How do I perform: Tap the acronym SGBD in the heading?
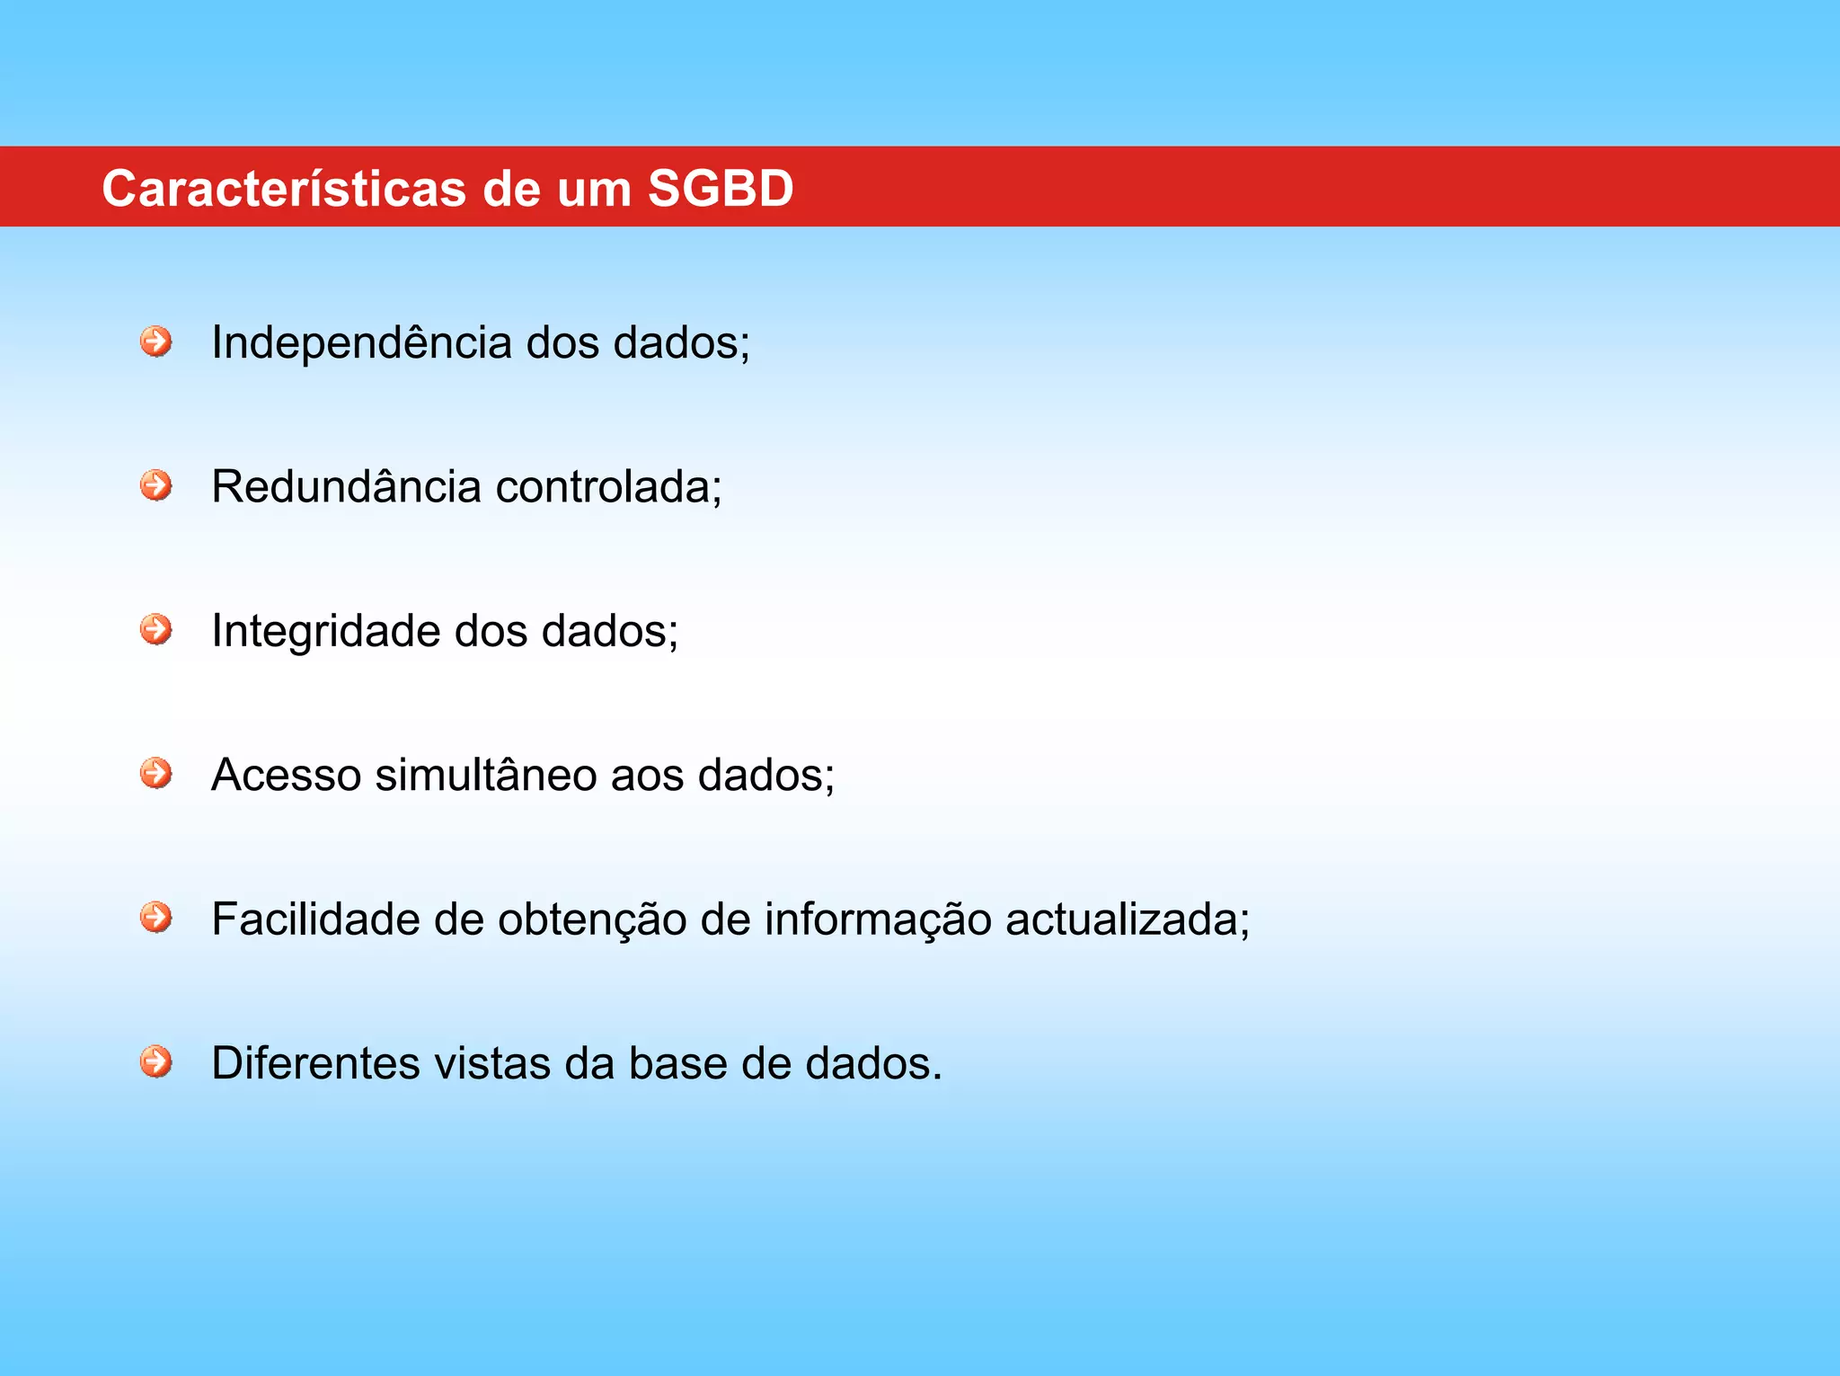(x=721, y=189)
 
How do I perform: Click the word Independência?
(x=361, y=343)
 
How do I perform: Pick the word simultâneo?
(x=486, y=775)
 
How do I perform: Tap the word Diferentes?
(x=315, y=1063)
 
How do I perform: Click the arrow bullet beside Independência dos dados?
(x=156, y=342)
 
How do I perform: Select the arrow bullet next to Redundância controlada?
(x=156, y=485)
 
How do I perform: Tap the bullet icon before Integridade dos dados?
(x=156, y=629)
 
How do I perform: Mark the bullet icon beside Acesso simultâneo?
(x=156, y=773)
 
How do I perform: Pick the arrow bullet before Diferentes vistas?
(x=156, y=1061)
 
